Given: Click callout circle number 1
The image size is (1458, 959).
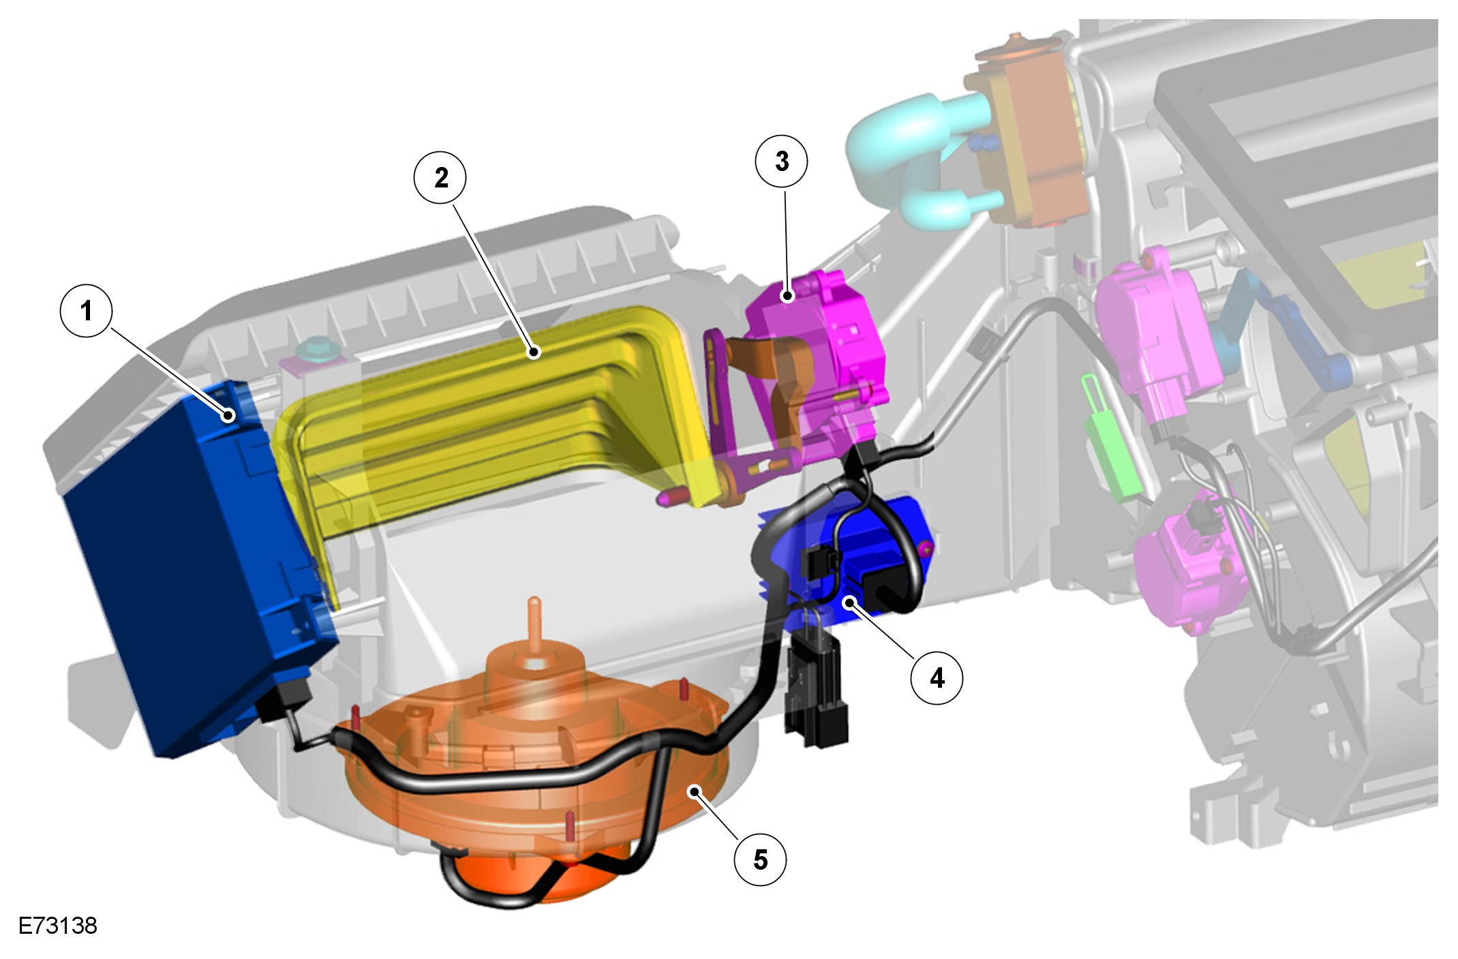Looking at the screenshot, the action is pos(86,311).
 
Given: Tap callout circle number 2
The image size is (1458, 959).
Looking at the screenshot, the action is pos(441,178).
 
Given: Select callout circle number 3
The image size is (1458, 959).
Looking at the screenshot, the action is pos(781,161).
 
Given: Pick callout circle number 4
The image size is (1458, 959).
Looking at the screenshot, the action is pos(937,678).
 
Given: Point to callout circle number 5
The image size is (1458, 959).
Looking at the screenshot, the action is pos(760,859).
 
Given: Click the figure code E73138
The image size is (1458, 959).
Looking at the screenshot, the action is pos(58,926).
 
